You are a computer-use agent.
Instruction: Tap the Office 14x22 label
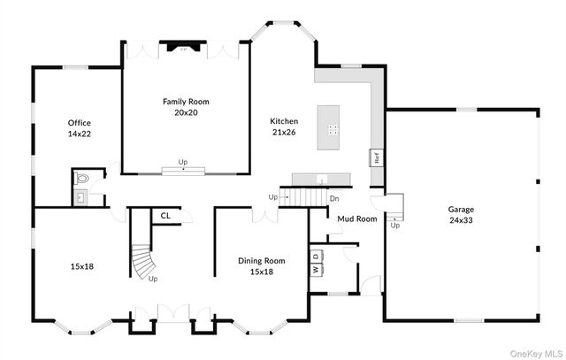[x=80, y=128]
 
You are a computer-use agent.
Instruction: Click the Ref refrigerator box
[x=376, y=159]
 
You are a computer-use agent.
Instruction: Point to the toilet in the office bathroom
[x=82, y=178]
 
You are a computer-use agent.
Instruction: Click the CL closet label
[x=165, y=215]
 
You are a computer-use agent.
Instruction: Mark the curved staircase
[x=141, y=262]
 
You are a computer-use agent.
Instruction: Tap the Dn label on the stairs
[x=334, y=199]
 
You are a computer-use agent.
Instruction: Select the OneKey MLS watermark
[x=532, y=352]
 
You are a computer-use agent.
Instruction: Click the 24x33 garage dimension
[x=461, y=220]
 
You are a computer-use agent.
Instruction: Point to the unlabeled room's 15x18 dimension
[x=81, y=265]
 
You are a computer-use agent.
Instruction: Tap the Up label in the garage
[x=394, y=226]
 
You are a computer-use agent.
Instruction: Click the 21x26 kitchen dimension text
[x=285, y=132]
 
